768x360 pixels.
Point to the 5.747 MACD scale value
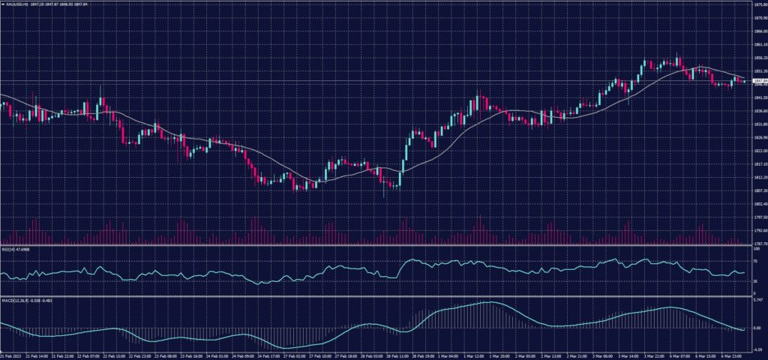click(757, 300)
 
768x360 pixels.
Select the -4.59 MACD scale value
click(756, 349)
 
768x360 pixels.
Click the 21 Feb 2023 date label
click(11, 355)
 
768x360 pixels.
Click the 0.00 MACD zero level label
click(756, 328)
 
